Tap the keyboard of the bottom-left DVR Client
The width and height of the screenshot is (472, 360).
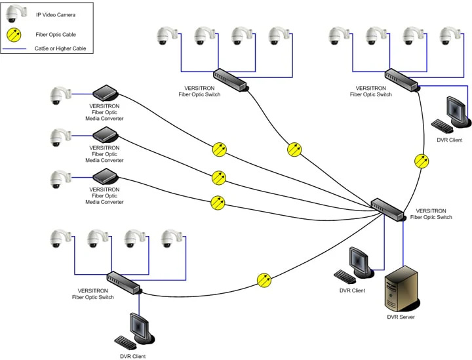pos(125,342)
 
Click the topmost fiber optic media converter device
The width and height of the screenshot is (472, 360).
pos(104,93)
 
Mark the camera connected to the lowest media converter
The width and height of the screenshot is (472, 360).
pos(58,180)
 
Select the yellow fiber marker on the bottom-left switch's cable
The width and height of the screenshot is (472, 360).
pos(264,280)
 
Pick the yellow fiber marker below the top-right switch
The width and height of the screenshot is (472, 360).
pos(423,160)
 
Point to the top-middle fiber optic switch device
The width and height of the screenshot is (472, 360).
pos(231,79)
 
